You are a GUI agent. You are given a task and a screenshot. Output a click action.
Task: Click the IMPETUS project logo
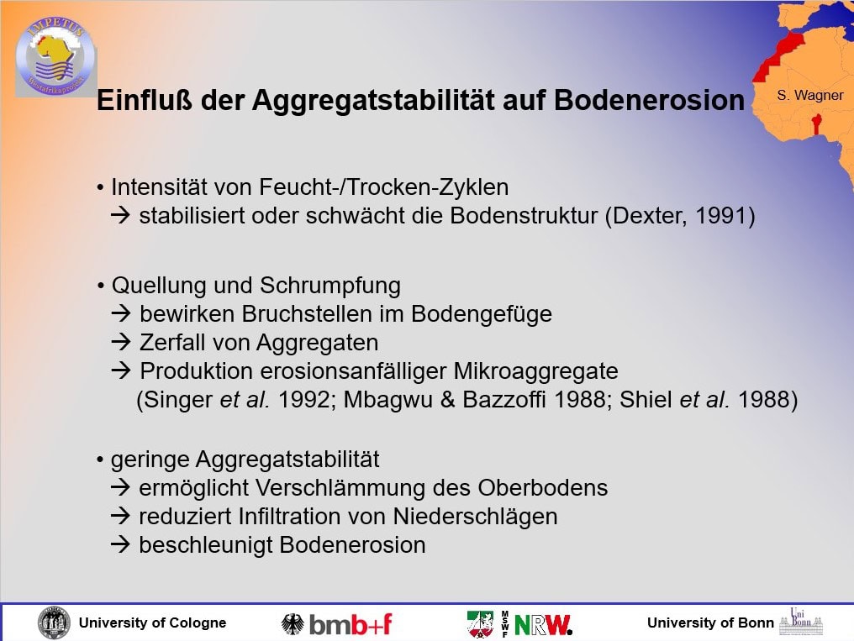click(x=55, y=56)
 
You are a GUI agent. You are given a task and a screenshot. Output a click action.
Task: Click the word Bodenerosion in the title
click(x=649, y=101)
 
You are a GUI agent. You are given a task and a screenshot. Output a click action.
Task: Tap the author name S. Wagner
click(x=810, y=95)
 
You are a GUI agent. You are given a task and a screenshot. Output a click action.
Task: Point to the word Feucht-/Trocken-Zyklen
click(x=384, y=187)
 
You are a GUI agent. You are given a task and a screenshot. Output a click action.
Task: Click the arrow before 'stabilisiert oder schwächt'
click(x=120, y=214)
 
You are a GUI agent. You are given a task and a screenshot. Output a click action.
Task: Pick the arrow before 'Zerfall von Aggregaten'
click(x=120, y=341)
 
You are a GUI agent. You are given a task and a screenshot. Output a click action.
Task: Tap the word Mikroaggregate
click(x=536, y=371)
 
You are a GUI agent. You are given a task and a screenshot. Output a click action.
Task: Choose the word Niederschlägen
click(x=476, y=517)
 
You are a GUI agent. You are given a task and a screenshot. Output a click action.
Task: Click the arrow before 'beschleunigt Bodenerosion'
click(x=120, y=544)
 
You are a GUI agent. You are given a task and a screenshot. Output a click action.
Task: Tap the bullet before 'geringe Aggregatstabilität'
click(x=100, y=460)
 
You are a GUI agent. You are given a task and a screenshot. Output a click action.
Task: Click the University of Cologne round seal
click(x=54, y=623)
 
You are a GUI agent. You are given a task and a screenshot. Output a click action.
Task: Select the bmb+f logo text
click(x=351, y=624)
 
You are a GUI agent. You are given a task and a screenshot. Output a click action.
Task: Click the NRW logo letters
click(x=543, y=625)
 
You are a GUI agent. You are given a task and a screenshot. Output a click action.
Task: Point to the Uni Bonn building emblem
click(x=801, y=622)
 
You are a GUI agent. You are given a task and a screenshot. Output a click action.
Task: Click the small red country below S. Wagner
click(x=816, y=124)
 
